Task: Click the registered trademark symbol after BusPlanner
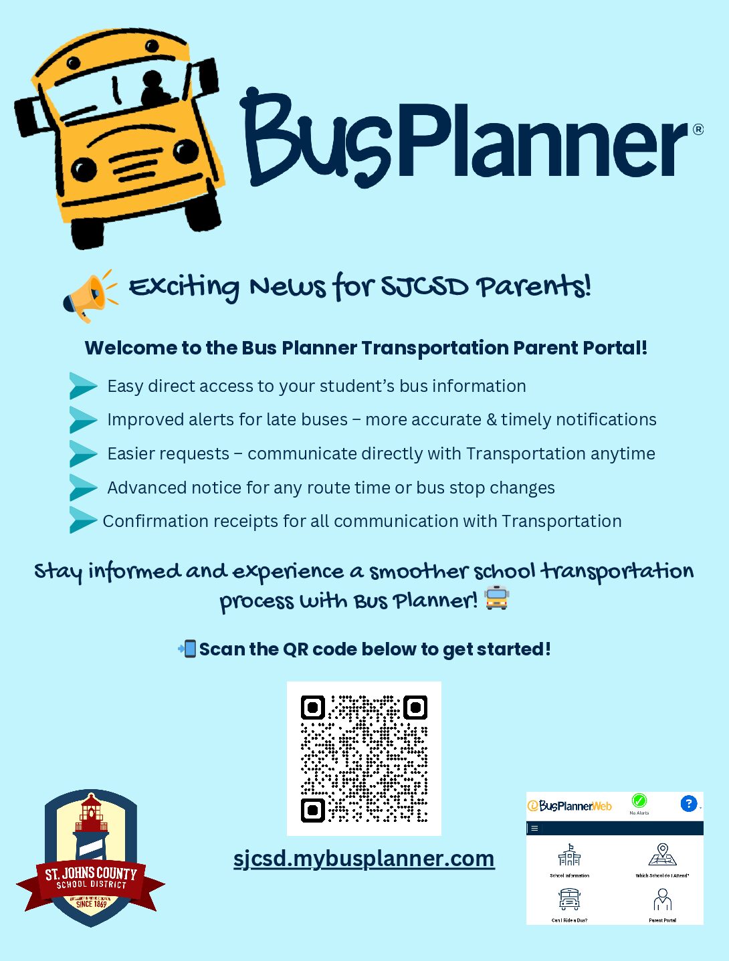tap(698, 129)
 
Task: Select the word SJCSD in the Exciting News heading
tap(424, 287)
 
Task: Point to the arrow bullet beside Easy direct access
tap(83, 386)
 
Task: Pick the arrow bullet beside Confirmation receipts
tap(83, 520)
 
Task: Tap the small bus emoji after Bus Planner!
tap(496, 598)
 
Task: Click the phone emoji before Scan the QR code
tap(187, 649)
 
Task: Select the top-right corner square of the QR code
tap(415, 708)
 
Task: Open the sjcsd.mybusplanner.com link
tap(364, 858)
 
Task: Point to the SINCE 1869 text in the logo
tap(91, 903)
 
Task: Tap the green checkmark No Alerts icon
tap(639, 801)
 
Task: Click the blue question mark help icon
tap(688, 803)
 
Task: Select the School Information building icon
tap(569, 855)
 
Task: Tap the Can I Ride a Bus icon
tap(569, 899)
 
